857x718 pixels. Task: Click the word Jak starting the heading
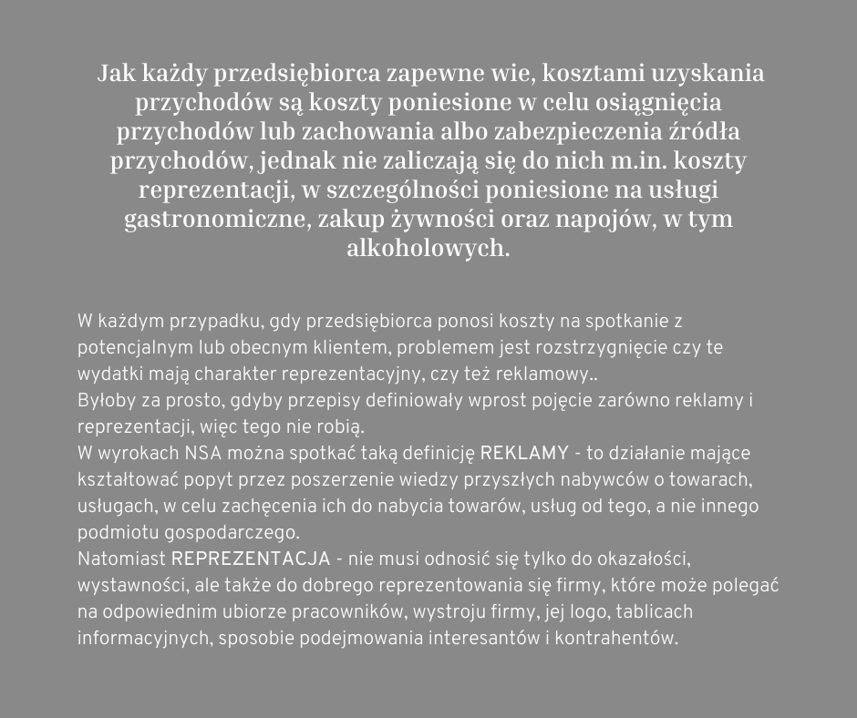click(x=116, y=73)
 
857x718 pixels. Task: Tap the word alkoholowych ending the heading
click(x=428, y=250)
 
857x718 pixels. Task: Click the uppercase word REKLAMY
click(x=523, y=453)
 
